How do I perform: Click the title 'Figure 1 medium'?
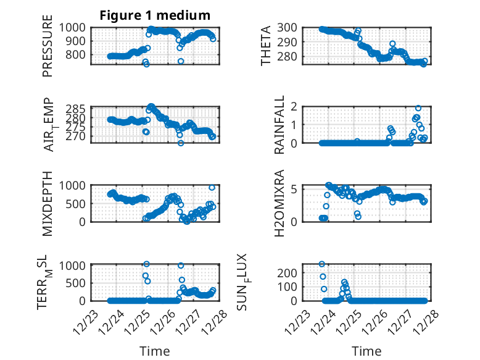(155, 15)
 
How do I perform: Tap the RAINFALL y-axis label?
(279, 125)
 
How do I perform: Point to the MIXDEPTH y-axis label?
(48, 202)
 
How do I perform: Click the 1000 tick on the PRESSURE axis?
(75, 27)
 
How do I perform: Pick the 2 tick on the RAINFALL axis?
(297, 106)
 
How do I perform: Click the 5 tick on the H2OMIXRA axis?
(297, 189)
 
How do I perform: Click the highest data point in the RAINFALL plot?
(418, 108)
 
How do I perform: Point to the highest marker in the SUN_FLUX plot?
(322, 264)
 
